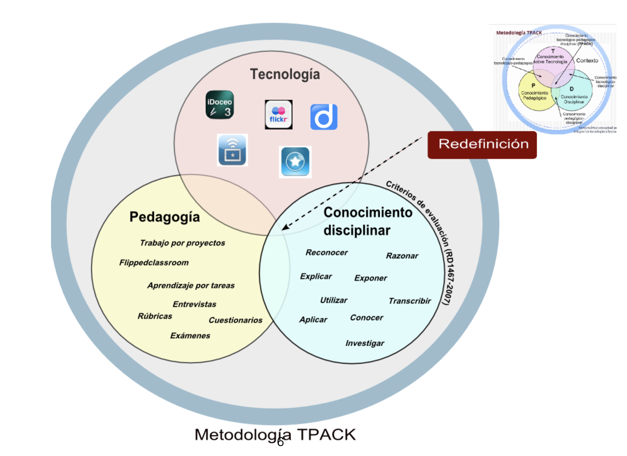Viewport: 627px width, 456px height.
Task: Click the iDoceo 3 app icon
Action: pyautogui.click(x=219, y=105)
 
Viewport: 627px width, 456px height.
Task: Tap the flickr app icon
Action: pyautogui.click(x=278, y=115)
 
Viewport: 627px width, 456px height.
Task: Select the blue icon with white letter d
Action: pyautogui.click(x=324, y=117)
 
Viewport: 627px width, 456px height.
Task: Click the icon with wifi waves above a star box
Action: pyautogui.click(x=232, y=150)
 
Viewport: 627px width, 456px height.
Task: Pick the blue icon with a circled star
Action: pyautogui.click(x=295, y=162)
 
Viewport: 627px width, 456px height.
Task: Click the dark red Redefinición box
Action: pyautogui.click(x=482, y=145)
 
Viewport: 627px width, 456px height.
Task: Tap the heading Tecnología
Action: pyautogui.click(x=285, y=74)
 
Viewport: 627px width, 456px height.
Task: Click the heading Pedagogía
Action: pyautogui.click(x=165, y=217)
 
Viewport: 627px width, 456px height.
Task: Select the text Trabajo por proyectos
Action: pyautogui.click(x=182, y=243)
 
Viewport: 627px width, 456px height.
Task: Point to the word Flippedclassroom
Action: pyautogui.click(x=154, y=263)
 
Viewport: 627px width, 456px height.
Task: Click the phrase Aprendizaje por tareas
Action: pyautogui.click(x=191, y=286)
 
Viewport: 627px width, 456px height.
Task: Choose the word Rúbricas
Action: pyautogui.click(x=155, y=316)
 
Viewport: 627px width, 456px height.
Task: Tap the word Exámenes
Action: pyautogui.click(x=190, y=336)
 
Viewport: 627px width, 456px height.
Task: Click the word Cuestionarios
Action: pyautogui.click(x=235, y=320)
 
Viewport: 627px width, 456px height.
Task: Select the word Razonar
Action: pyautogui.click(x=402, y=256)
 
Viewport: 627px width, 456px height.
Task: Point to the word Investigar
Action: pyautogui.click(x=365, y=343)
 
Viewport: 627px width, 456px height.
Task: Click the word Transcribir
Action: pyautogui.click(x=410, y=301)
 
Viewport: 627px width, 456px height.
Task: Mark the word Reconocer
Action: pyautogui.click(x=326, y=253)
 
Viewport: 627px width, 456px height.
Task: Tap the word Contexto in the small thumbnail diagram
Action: pyautogui.click(x=587, y=61)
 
